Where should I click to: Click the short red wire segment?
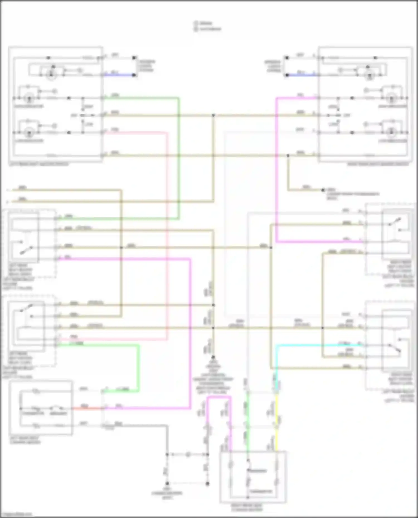(86, 409)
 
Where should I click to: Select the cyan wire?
(318, 345)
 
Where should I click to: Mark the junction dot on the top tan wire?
(213, 115)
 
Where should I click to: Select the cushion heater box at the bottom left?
(41, 408)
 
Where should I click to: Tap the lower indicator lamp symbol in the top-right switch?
(392, 132)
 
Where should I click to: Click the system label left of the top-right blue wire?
(273, 66)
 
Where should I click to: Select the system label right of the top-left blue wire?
(146, 66)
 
